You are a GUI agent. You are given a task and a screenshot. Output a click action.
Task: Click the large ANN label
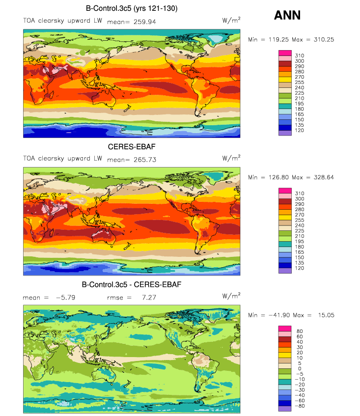click(x=287, y=15)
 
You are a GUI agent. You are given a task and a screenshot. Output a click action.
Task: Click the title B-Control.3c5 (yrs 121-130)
click(x=132, y=8)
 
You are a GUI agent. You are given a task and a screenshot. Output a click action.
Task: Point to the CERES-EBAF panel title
click(x=132, y=147)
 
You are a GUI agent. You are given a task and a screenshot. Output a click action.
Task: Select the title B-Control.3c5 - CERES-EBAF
click(x=132, y=285)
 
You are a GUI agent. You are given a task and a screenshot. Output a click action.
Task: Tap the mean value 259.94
click(x=144, y=22)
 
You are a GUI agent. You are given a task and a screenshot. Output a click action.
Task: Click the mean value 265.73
click(x=145, y=160)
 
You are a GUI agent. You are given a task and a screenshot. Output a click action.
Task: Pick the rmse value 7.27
click(x=149, y=298)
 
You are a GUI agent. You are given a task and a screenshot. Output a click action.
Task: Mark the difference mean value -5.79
click(x=65, y=298)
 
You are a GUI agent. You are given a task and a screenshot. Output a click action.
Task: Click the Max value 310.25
click(x=324, y=39)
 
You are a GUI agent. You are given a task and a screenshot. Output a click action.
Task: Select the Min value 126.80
click(x=278, y=177)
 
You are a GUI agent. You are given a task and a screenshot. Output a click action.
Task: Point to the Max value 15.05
click(x=326, y=315)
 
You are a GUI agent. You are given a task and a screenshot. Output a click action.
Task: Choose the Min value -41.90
click(x=279, y=315)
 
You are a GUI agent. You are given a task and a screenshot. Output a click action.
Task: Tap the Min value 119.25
click(x=278, y=39)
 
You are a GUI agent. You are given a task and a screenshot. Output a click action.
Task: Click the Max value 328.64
click(x=324, y=177)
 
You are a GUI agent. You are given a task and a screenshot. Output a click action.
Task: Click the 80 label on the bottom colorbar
click(x=300, y=331)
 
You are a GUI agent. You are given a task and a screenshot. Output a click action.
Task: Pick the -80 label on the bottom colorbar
click(x=300, y=406)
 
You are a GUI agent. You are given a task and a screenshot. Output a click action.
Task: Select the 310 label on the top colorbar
click(x=299, y=55)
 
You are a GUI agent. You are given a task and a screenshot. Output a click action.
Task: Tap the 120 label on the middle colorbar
click(x=299, y=268)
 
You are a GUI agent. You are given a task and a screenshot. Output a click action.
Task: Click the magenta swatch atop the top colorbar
click(x=285, y=53)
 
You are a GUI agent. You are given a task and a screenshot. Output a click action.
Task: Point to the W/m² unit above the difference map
click(x=231, y=296)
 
